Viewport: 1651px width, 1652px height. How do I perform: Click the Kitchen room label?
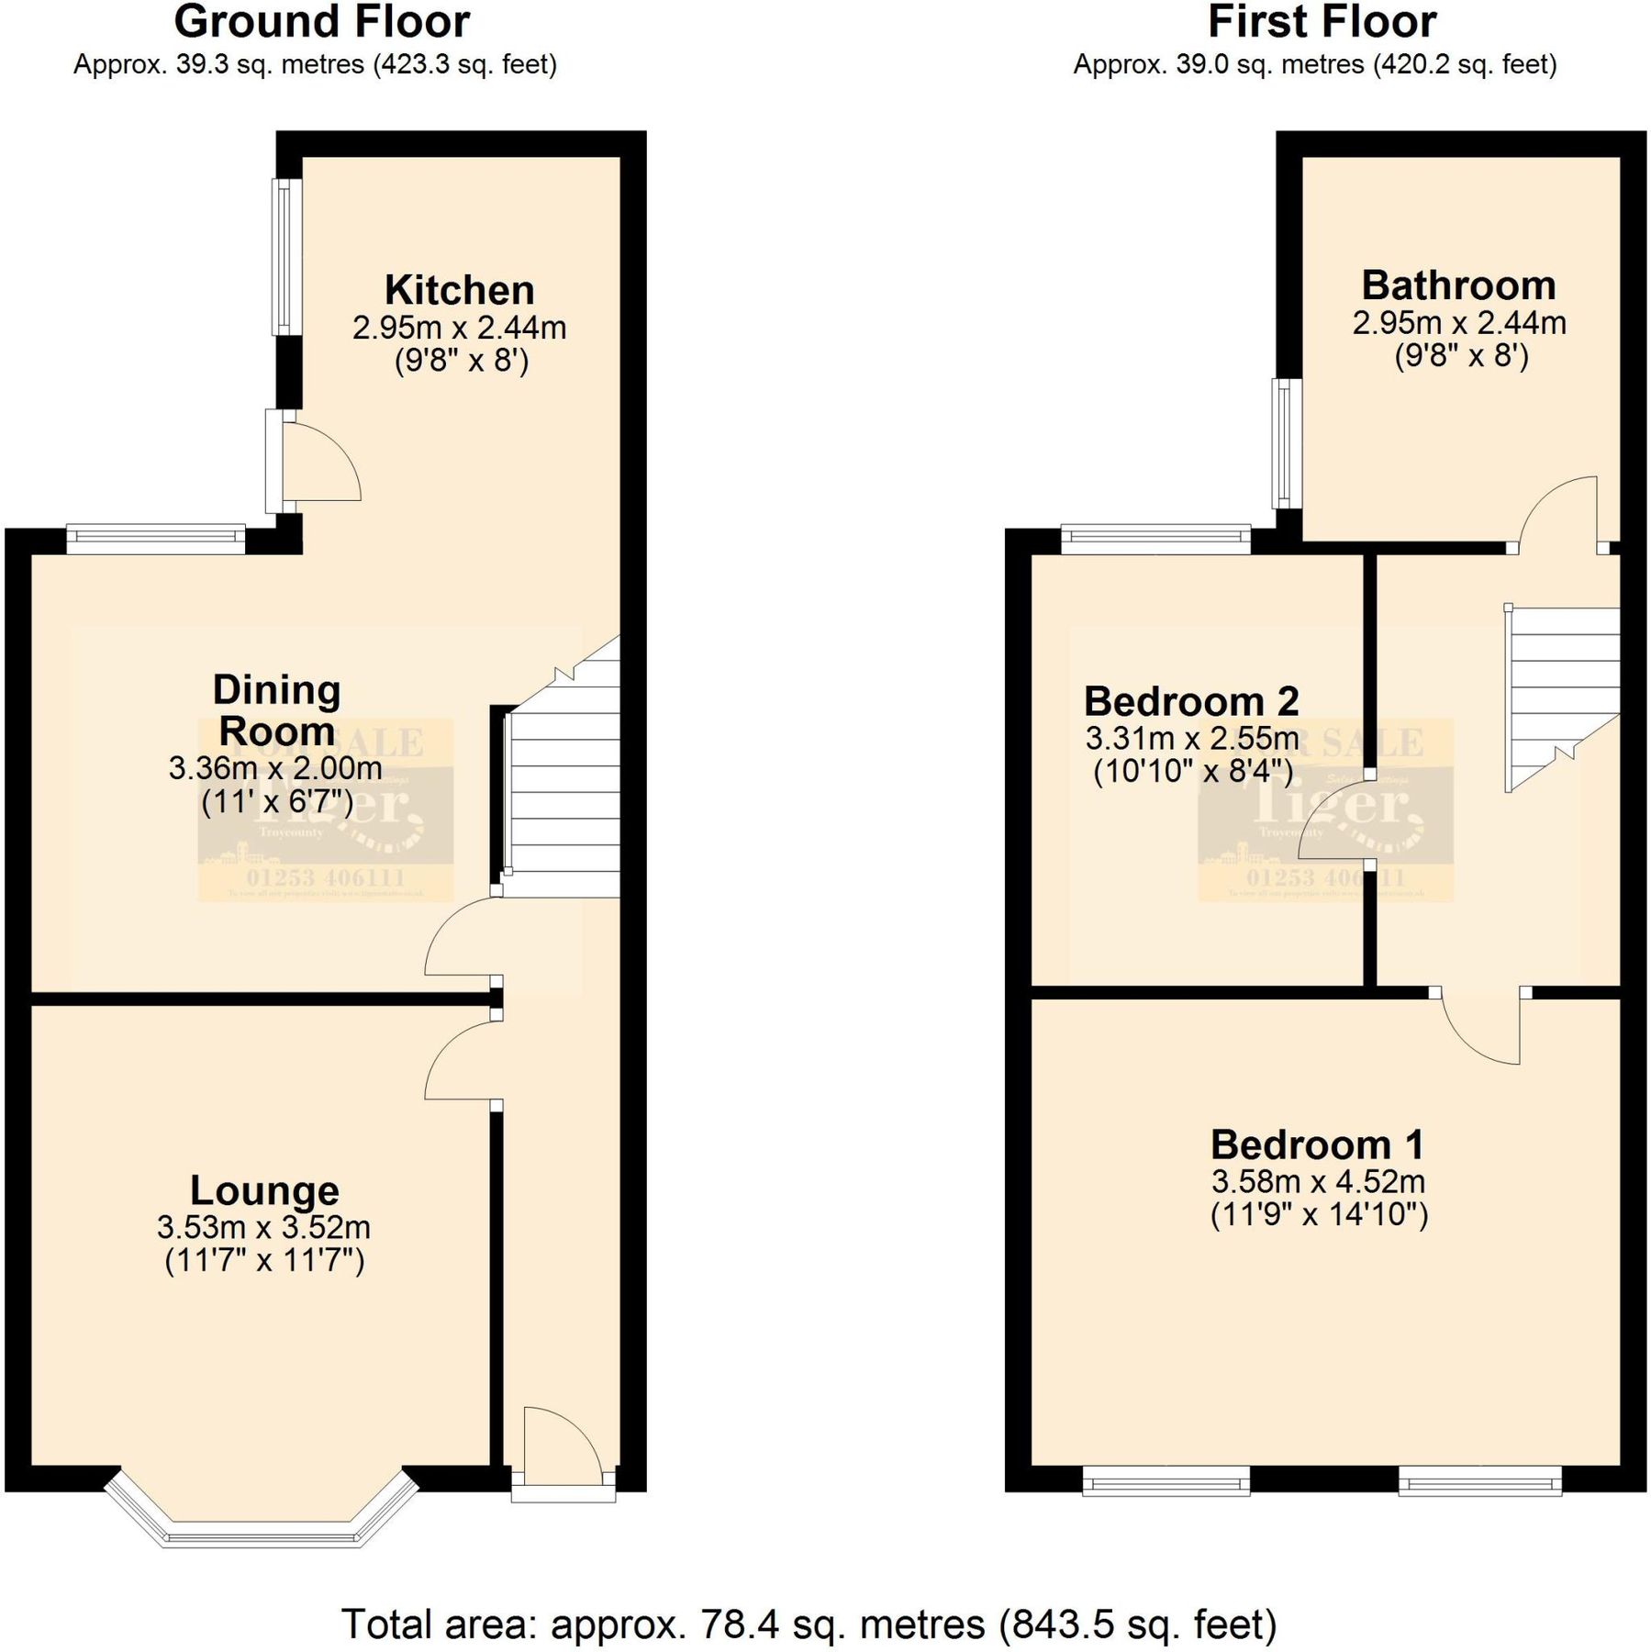(459, 290)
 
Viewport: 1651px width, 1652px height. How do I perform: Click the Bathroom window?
(1287, 443)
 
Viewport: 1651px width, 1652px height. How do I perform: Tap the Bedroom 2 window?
(1155, 539)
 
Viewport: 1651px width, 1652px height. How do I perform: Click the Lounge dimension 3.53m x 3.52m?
(263, 1227)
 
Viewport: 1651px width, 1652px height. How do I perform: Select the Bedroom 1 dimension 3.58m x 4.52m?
(1318, 1181)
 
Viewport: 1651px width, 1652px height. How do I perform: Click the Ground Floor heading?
(321, 22)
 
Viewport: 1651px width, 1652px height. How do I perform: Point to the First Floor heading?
(1322, 22)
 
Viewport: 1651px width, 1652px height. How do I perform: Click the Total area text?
(809, 1624)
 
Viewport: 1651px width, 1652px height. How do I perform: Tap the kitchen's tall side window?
(287, 256)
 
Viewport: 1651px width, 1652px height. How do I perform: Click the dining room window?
(155, 539)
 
